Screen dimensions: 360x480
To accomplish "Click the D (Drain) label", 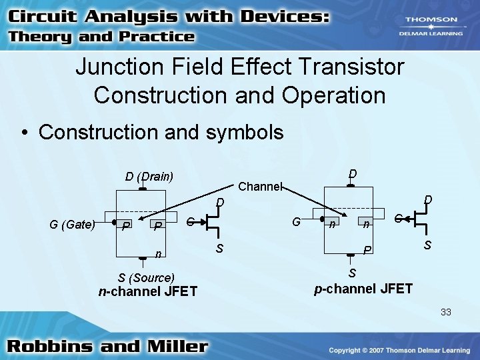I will pos(149,177).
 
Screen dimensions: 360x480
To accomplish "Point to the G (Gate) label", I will pos(71,225).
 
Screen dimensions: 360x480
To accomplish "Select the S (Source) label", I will pos(146,277).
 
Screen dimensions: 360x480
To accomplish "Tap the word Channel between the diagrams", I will pos(261,187).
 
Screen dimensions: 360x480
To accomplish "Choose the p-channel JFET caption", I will pos(363,289).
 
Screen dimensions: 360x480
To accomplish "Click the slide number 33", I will pos(445,311).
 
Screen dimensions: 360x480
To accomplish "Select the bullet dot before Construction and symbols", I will pos(25,132).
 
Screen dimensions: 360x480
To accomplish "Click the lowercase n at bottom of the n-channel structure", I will pos(157,253).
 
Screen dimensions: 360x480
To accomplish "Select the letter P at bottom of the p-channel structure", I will pos(366,249).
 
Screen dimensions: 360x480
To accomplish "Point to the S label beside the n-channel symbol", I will pos(219,249).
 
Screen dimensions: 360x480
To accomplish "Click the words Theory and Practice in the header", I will pos(101,37).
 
